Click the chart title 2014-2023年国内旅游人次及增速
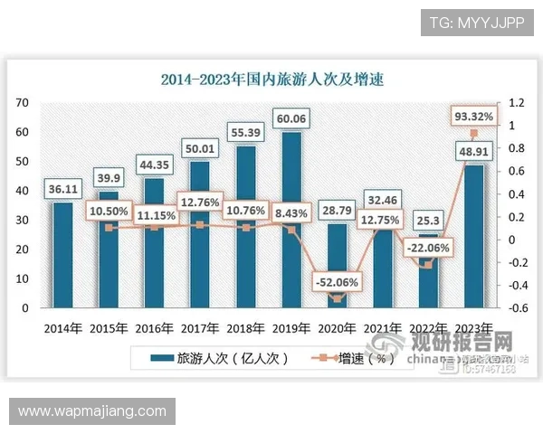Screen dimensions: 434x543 tap(272, 80)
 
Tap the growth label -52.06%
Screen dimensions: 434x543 tap(337, 282)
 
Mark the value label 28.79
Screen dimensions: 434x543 tap(337, 210)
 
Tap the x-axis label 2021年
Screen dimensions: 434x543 tap(383, 328)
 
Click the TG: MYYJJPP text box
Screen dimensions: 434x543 tap(477, 22)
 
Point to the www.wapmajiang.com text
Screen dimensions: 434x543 tap(92, 411)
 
